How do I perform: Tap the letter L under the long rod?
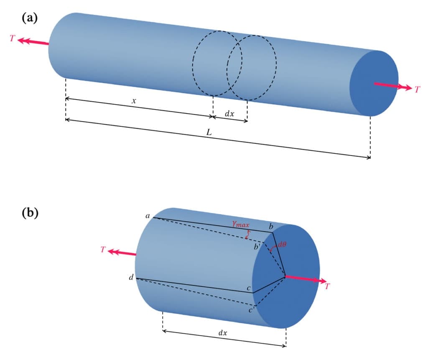tap(209, 132)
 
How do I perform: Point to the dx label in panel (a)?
tap(229, 113)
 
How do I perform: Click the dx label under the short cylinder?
tap(223, 333)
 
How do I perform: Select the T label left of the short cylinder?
tap(103, 250)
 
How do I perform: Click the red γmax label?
tap(241, 225)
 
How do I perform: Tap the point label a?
tap(148, 216)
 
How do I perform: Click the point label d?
tap(132, 278)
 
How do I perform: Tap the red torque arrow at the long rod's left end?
tap(33, 42)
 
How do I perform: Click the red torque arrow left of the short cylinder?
tap(122, 253)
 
